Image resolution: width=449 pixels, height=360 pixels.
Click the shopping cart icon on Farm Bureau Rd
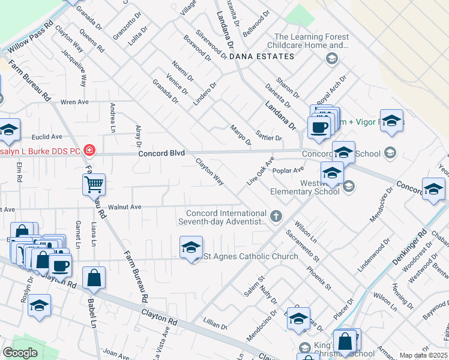[95, 185]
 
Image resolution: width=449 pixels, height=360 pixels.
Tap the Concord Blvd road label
[161, 154]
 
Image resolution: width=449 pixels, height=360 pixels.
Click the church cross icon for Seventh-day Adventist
[276, 216]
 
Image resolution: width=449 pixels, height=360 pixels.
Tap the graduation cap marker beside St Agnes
[191, 247]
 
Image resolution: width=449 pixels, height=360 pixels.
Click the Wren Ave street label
[74, 102]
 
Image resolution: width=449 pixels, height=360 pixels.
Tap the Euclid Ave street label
[47, 137]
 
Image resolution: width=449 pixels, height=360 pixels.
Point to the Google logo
[20, 353]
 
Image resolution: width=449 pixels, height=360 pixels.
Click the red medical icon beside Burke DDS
[89, 150]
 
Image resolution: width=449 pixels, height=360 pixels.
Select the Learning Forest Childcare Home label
[312, 41]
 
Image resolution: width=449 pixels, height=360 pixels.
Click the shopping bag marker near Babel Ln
[94, 278]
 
